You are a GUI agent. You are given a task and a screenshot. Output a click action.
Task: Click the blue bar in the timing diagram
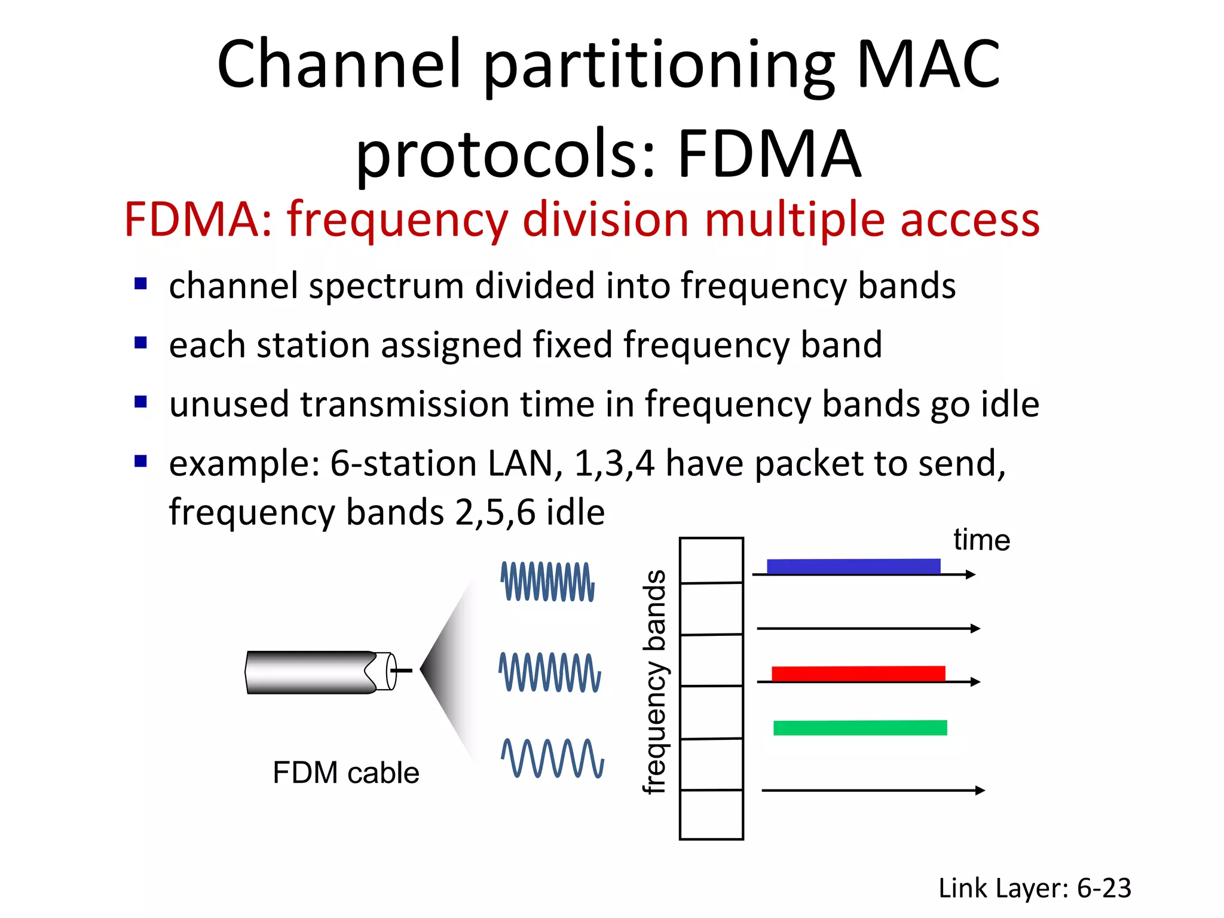click(x=853, y=566)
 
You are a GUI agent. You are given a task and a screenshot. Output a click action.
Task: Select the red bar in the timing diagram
click(x=858, y=674)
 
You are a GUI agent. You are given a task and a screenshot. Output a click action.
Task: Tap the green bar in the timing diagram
click(x=860, y=727)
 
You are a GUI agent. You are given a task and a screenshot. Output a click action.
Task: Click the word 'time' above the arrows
click(x=981, y=540)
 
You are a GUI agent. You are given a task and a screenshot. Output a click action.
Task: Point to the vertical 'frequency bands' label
click(x=655, y=682)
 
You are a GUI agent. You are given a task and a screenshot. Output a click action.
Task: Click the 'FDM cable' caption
click(x=345, y=772)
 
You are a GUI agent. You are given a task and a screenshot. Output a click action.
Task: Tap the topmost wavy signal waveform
click(x=547, y=582)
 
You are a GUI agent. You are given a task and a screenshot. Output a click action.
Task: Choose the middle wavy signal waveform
click(x=550, y=672)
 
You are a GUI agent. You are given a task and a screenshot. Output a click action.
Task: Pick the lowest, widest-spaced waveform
click(x=552, y=758)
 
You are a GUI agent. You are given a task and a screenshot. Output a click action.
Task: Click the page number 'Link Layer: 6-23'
click(x=1035, y=888)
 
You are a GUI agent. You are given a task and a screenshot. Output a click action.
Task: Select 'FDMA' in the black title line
click(x=769, y=154)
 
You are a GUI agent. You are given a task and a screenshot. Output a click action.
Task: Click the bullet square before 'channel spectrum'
click(x=141, y=283)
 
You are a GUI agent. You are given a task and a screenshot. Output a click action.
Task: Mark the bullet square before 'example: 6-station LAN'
click(x=141, y=461)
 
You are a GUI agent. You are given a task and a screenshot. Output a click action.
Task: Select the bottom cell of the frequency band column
click(x=711, y=815)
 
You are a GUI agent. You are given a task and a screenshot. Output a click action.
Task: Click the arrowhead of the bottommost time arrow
click(x=980, y=790)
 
